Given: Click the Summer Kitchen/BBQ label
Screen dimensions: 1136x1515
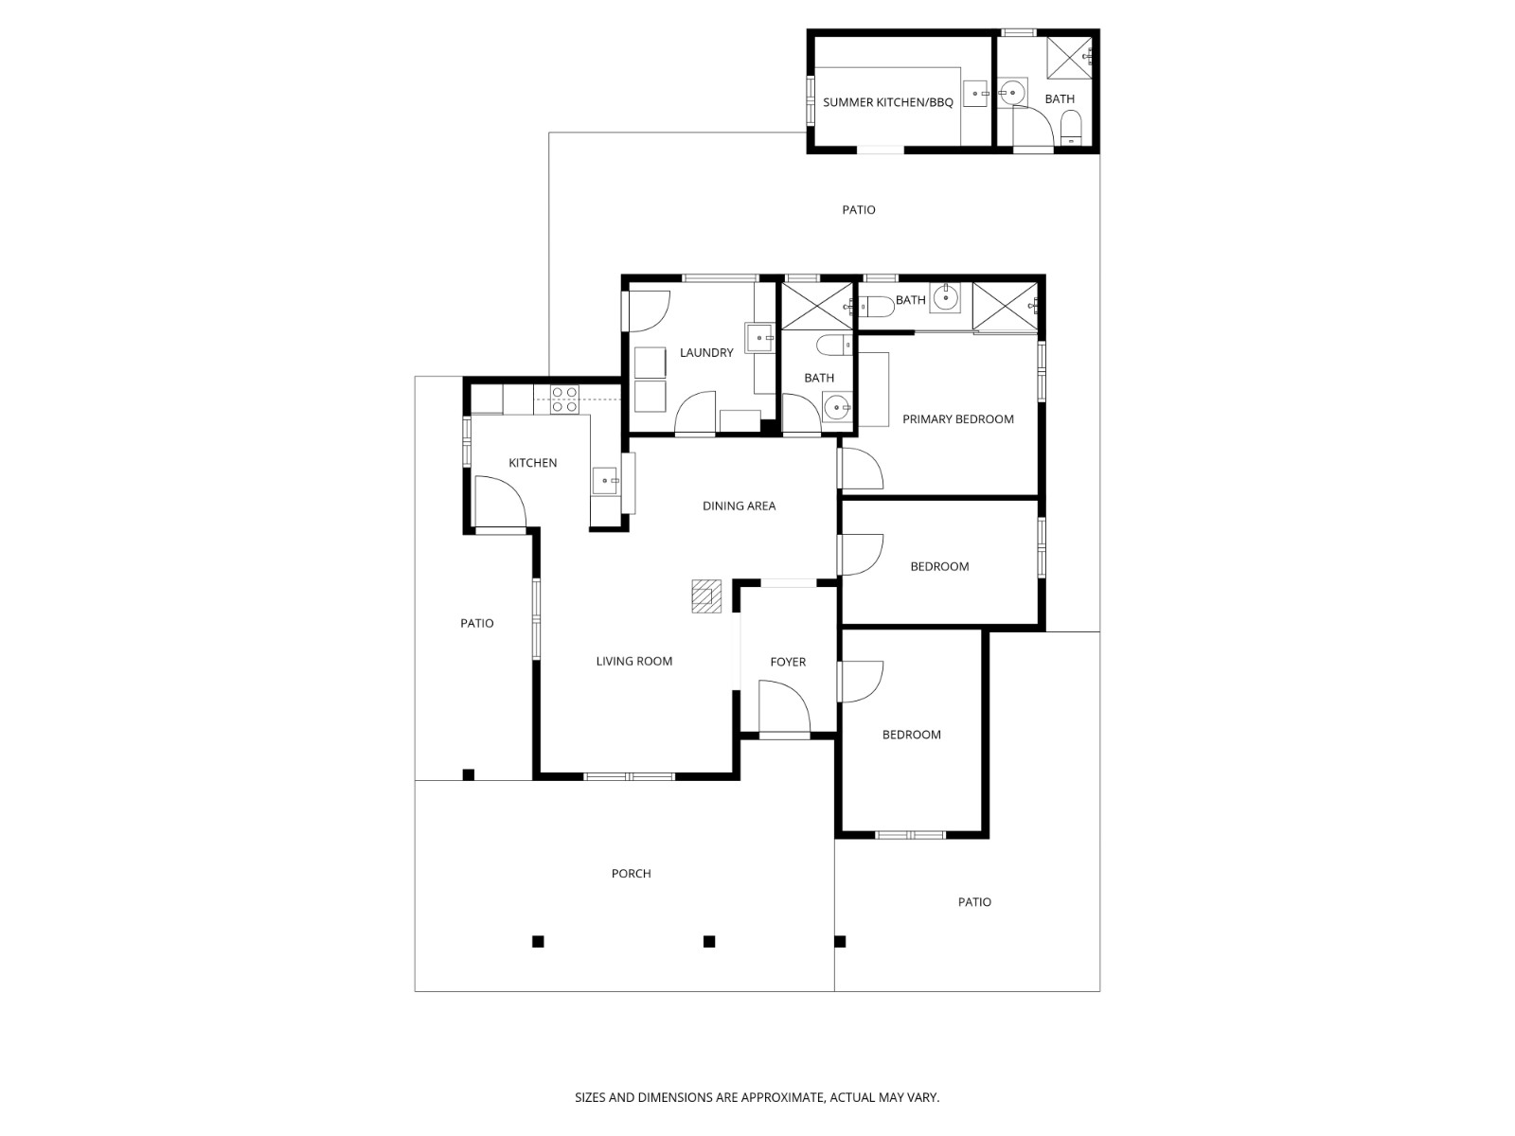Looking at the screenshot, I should click(887, 102).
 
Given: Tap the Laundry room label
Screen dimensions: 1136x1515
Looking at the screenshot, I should click(706, 353).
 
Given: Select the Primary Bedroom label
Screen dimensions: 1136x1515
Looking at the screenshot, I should click(957, 419).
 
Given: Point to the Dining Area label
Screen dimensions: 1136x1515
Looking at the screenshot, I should click(739, 506).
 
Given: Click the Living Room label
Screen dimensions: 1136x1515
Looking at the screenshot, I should click(633, 662).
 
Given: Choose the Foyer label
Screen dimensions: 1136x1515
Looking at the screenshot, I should click(788, 663).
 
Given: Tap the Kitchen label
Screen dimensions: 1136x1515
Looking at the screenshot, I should click(532, 463).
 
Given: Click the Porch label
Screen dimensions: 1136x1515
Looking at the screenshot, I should click(631, 874).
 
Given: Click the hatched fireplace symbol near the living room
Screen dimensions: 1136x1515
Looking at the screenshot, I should click(705, 596).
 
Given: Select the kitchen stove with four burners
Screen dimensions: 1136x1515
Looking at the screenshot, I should click(565, 399).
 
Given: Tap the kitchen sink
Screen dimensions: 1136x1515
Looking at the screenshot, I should click(604, 481).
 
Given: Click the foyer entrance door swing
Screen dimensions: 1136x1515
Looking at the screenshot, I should click(785, 710).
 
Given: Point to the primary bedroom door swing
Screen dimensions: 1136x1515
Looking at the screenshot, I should click(862, 469).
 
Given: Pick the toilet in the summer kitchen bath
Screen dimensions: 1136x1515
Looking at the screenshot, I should click(1071, 126).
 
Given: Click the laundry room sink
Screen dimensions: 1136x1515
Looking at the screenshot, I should click(760, 337).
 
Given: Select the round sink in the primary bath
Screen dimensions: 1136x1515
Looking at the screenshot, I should click(945, 298).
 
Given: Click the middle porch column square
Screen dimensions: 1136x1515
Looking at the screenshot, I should click(708, 941).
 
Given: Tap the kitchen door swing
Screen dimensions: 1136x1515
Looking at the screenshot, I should click(499, 502).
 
